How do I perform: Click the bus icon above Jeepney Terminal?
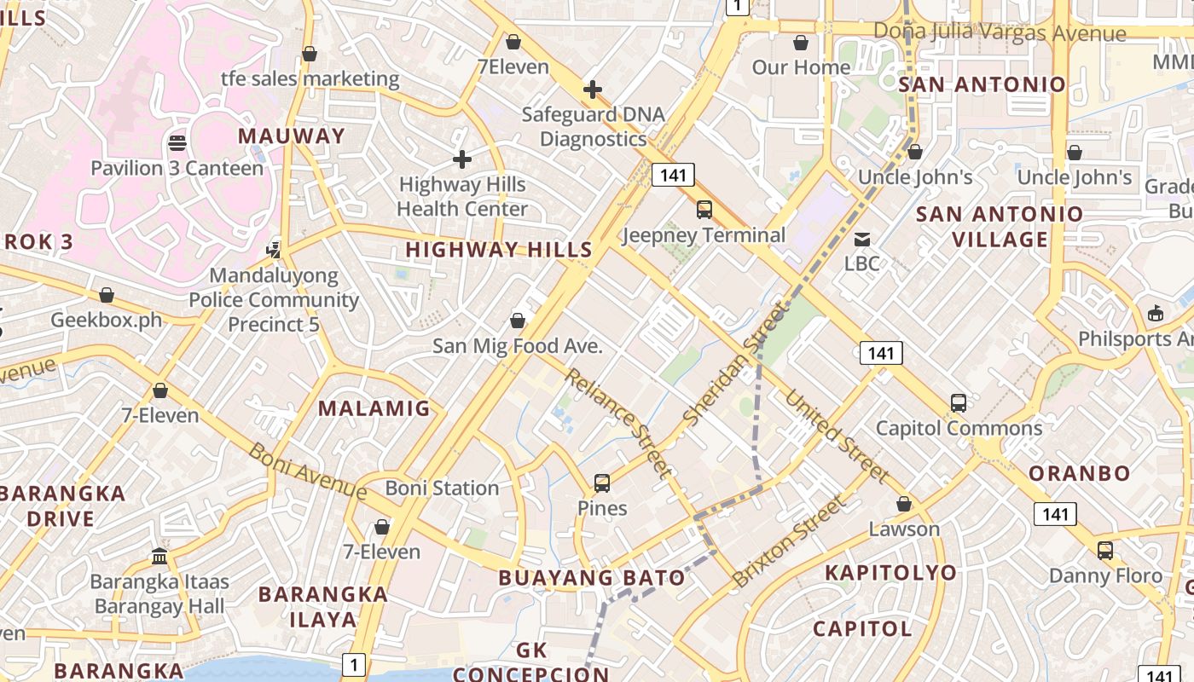tap(704, 209)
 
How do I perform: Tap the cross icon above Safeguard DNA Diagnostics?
tap(592, 90)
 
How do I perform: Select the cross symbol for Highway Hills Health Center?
tap(461, 159)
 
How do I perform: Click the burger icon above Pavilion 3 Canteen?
tap(177, 142)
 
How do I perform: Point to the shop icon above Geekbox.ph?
tap(107, 295)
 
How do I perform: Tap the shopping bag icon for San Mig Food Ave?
tap(517, 321)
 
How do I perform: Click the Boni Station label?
tap(442, 488)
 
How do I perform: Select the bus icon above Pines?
tap(602, 483)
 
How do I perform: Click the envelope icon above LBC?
tap(862, 239)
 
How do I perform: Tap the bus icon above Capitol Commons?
tap(959, 403)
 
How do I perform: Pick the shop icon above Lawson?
tap(904, 504)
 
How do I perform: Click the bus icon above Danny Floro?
tap(1105, 551)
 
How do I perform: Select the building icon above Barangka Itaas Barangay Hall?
tap(159, 557)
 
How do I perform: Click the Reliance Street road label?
tap(618, 422)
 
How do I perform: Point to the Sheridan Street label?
tap(735, 366)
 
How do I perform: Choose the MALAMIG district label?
tap(374, 408)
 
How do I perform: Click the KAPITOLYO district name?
tap(890, 572)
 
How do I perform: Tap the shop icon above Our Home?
tap(800, 43)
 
